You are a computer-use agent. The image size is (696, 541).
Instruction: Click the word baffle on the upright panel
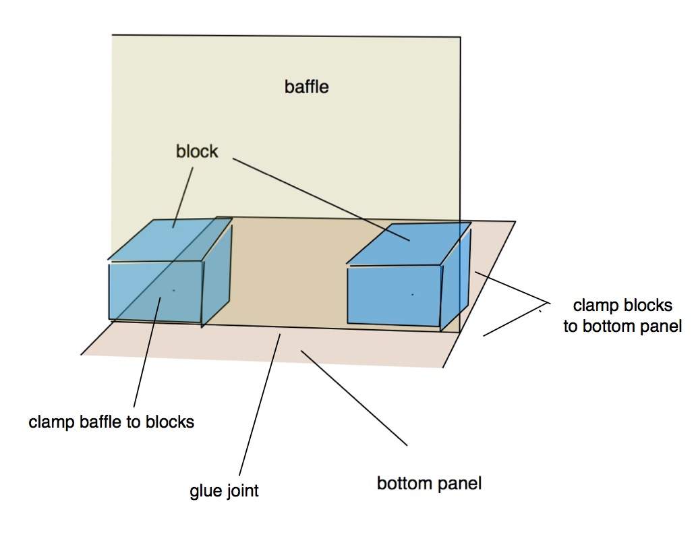[x=306, y=86]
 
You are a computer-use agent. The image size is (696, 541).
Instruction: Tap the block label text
[x=197, y=151]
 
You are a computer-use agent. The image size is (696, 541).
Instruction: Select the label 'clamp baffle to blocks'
[x=111, y=422]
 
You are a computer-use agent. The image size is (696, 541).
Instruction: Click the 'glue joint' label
[x=224, y=491]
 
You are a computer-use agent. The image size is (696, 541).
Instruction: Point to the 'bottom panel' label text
[x=429, y=483]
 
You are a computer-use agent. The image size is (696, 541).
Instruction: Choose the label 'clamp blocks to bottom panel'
[x=622, y=316]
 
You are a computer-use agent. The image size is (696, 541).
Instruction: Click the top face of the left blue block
[x=170, y=239]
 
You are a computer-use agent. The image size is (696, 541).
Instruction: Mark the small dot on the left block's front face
[x=173, y=290]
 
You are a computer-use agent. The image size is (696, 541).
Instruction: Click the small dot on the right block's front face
[x=412, y=294]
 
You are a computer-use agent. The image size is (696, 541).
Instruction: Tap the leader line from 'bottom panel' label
[x=354, y=397]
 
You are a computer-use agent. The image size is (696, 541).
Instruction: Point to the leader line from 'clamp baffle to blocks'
[x=147, y=352]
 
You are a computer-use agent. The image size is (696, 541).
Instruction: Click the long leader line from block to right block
[x=321, y=199]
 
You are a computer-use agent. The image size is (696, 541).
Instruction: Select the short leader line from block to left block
[x=183, y=198]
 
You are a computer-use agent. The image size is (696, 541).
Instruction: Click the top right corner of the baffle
[x=461, y=37]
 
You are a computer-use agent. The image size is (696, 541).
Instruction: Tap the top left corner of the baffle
[x=112, y=34]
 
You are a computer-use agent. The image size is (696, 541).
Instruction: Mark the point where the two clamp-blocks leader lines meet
[x=550, y=304]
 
